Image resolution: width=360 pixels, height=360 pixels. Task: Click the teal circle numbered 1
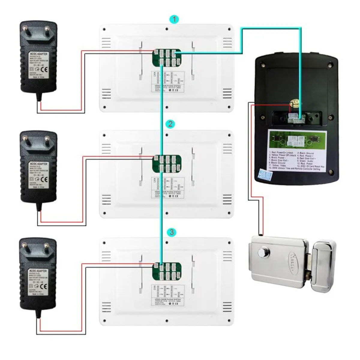[174, 20]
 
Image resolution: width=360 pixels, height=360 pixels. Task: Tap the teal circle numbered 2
[170, 124]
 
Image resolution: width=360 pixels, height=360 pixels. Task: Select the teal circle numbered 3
[171, 232]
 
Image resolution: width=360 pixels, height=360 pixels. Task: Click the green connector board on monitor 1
[166, 58]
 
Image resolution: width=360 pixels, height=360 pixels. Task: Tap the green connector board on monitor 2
[166, 164]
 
